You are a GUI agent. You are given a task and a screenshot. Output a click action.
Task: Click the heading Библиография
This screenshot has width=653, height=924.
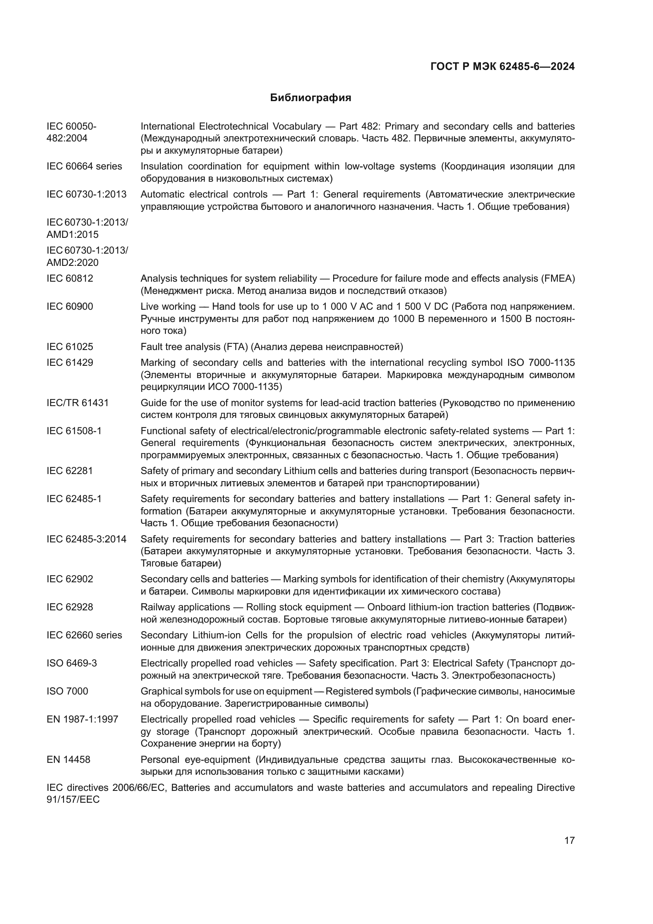click(x=310, y=98)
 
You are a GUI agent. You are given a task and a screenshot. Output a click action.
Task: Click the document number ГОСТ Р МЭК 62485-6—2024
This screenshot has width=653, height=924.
click(x=502, y=67)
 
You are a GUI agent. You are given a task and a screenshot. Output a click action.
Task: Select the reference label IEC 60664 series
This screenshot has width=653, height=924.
click(x=84, y=166)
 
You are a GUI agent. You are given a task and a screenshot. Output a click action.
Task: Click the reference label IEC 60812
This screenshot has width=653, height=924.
click(x=70, y=279)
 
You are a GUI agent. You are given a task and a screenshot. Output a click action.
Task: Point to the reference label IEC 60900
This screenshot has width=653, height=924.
click(x=70, y=307)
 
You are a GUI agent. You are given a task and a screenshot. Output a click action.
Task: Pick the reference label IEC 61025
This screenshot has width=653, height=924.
click(x=70, y=346)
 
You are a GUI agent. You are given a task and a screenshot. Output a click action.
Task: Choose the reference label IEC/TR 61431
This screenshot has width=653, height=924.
click(x=78, y=403)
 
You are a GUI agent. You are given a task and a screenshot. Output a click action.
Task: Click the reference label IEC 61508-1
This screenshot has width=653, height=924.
click(x=74, y=431)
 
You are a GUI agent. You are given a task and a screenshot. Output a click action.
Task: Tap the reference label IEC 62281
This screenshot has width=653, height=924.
click(x=70, y=471)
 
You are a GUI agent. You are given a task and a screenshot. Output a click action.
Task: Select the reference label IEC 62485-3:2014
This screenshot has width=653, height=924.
click(x=86, y=539)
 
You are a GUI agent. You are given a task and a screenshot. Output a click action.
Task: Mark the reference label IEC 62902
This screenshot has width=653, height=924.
click(x=70, y=579)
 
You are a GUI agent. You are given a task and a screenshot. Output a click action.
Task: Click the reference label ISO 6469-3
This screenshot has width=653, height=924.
click(x=72, y=663)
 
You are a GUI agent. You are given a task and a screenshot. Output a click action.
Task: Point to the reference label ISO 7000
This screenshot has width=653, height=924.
click(x=68, y=691)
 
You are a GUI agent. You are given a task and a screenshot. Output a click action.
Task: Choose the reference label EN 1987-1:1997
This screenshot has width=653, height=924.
click(x=83, y=719)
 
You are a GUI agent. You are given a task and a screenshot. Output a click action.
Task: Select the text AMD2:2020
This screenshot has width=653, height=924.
click(x=73, y=263)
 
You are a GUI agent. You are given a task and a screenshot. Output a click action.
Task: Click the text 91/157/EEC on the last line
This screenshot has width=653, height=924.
click(x=73, y=800)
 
